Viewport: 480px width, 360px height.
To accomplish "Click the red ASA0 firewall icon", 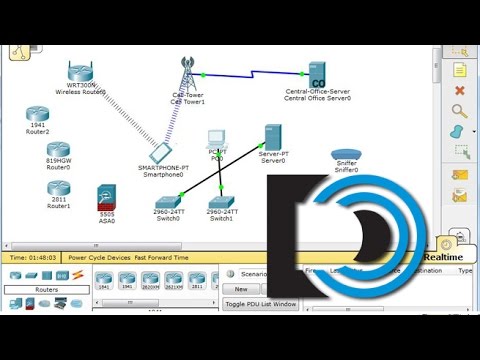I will (107, 196).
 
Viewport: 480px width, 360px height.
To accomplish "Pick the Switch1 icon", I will (221, 202).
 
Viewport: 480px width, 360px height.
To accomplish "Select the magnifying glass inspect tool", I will (461, 111).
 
